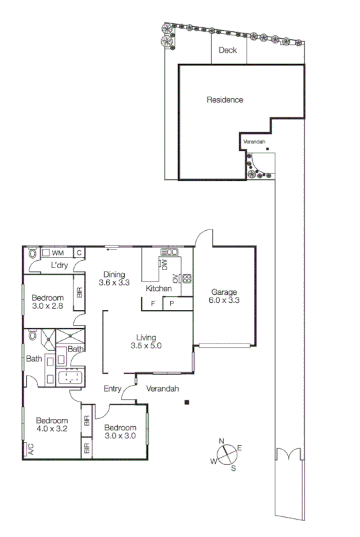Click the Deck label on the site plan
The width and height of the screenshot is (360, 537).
[x=228, y=50]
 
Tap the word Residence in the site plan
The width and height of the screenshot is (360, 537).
[x=225, y=100]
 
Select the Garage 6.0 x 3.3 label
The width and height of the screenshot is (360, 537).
[x=225, y=296]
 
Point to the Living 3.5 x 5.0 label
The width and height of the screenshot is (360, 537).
[x=146, y=341]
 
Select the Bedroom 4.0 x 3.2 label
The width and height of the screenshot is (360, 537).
[x=52, y=424]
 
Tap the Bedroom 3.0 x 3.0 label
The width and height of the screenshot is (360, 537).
[x=121, y=432]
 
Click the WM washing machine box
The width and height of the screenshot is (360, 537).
[x=57, y=253]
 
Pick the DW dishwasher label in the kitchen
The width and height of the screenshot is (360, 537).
[x=163, y=265]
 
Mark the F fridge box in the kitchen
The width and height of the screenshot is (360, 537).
[x=153, y=304]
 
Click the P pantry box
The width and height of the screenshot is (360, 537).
[x=171, y=304]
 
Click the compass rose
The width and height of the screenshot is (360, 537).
[x=227, y=455]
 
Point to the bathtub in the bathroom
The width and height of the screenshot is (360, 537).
[x=71, y=378]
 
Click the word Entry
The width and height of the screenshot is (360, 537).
[x=112, y=389]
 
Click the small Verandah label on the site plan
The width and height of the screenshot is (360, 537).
[x=254, y=142]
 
